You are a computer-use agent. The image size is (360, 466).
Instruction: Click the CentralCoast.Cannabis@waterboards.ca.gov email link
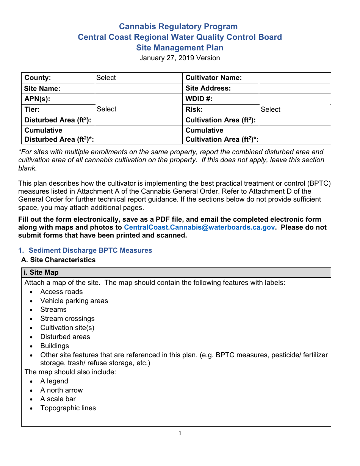199,227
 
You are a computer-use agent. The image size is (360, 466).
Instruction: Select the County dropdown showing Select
138,78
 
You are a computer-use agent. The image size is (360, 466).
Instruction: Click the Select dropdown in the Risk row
294,109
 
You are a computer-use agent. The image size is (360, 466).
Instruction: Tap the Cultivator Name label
214,78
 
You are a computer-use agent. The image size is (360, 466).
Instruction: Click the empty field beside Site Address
294,88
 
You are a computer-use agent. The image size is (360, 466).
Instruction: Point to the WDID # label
199,99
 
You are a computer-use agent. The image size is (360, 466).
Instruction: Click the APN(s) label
38,99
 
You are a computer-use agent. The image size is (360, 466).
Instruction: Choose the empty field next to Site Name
138,88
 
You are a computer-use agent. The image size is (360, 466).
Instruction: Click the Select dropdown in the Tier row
138,109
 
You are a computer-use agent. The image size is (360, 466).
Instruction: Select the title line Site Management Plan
180,48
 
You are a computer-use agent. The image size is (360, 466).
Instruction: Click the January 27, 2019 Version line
180,58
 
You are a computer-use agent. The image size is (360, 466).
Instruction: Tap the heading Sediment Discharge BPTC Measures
90,250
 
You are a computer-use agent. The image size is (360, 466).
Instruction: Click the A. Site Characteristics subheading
58,260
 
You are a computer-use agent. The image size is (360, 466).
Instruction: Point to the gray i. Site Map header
176,272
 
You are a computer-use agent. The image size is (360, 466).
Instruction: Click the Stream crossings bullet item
67,319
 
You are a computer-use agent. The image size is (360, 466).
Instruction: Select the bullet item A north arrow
61,390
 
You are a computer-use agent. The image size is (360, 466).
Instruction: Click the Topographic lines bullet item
68,408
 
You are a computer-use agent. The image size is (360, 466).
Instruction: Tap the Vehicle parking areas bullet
74,301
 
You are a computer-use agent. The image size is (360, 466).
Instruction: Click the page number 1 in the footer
180,433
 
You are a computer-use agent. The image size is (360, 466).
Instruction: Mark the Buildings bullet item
55,346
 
